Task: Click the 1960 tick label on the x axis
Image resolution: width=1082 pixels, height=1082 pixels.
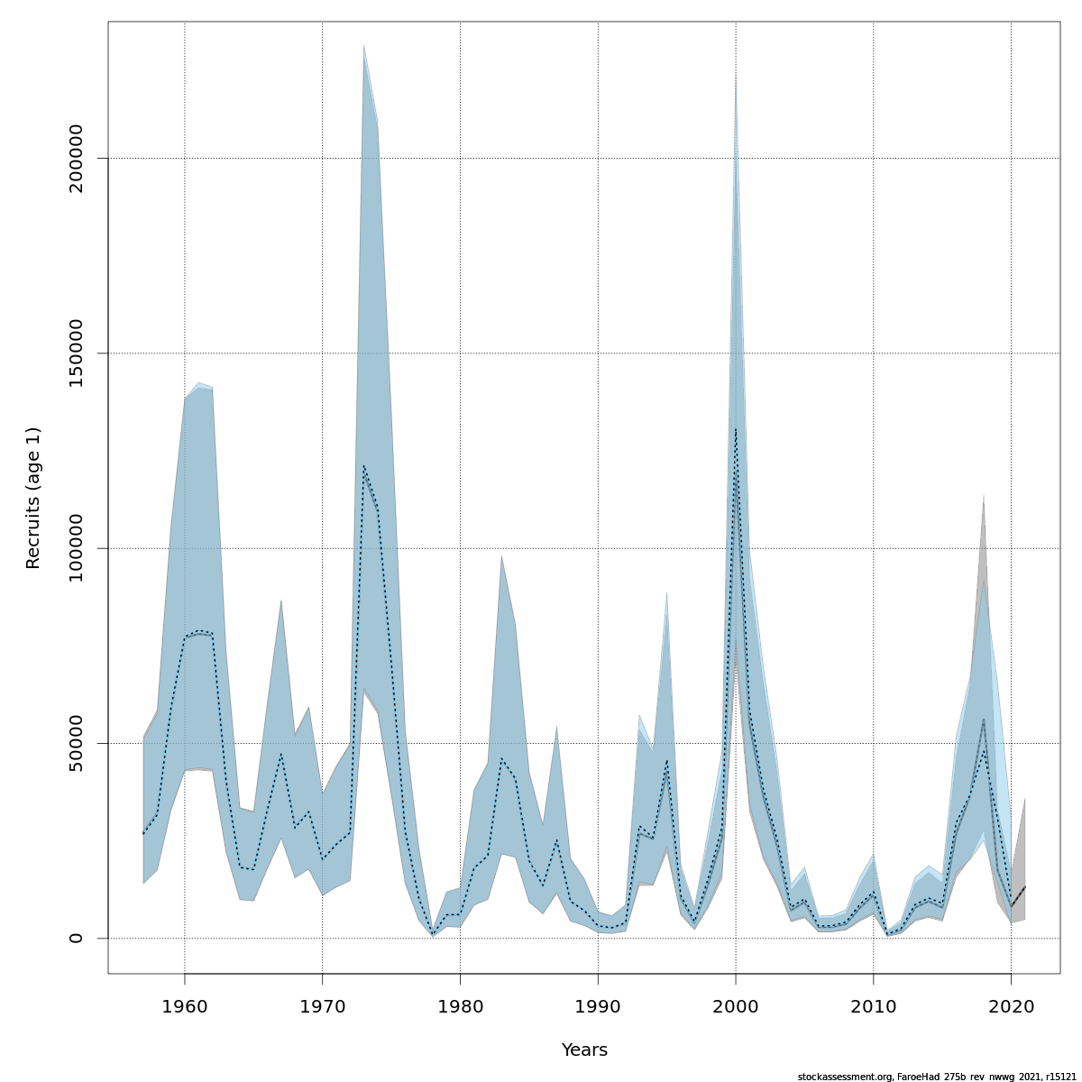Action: click(185, 1004)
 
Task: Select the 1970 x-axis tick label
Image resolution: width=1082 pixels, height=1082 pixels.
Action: click(323, 1004)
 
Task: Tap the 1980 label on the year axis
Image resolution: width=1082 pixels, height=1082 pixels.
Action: click(460, 1004)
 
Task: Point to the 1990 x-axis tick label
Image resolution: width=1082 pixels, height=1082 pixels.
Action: click(598, 1004)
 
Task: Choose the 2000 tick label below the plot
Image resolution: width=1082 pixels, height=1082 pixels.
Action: click(736, 1004)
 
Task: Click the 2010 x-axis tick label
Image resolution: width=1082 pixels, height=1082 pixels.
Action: click(873, 1004)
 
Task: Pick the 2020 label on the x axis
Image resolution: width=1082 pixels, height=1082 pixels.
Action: click(1011, 1004)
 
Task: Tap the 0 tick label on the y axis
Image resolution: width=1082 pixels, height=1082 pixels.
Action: click(76, 938)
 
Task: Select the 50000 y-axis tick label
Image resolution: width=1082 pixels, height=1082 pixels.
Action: click(76, 743)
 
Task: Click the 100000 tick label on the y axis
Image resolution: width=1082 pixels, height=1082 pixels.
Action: click(76, 548)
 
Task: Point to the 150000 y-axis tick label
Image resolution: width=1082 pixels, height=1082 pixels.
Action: click(76, 353)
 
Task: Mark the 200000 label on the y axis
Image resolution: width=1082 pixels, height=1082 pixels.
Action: click(76, 159)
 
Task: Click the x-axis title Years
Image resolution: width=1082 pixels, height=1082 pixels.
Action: click(584, 1050)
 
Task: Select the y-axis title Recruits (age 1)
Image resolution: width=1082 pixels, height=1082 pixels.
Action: click(33, 498)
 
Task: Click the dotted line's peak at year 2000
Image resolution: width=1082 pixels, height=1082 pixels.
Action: click(736, 429)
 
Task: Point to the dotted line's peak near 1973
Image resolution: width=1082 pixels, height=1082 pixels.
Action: click(363, 466)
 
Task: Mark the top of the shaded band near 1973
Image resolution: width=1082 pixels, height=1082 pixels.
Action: click(363, 45)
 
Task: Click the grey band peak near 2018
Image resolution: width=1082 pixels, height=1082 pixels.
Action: click(983, 496)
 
